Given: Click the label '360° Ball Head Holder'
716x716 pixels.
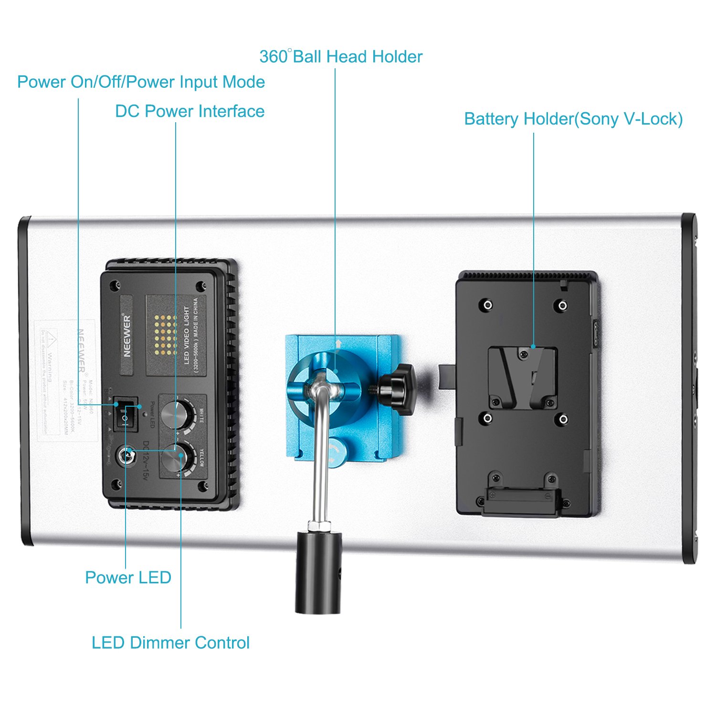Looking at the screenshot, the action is [341, 57].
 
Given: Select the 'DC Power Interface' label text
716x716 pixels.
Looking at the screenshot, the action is [190, 111].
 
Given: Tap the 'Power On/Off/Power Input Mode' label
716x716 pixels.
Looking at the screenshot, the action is [141, 82].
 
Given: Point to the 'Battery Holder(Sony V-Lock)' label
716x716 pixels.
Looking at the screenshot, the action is [573, 119].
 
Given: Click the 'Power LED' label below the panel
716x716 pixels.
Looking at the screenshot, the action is [128, 578].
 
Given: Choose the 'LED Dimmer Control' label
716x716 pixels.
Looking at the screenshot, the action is [170, 643].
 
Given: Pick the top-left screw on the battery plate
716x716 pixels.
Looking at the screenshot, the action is [487, 305].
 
